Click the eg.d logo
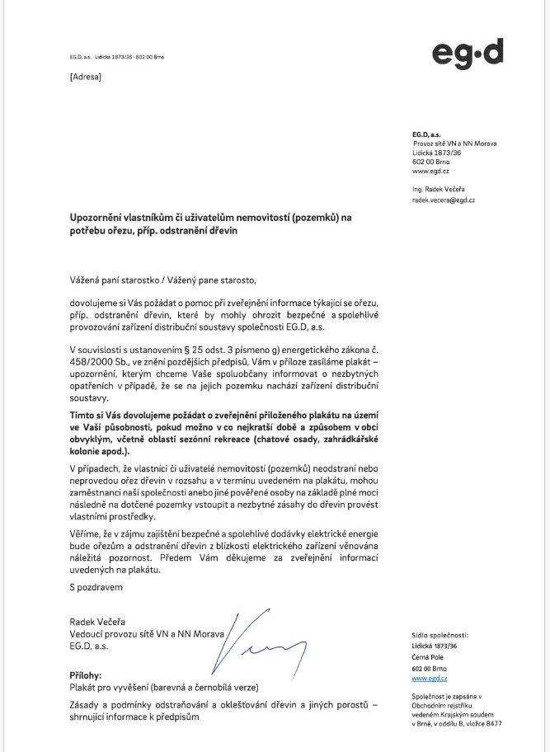467,54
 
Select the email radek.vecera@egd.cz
444,200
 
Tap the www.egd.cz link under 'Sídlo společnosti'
429,678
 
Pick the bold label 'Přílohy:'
86,674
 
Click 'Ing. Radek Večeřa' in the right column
439,189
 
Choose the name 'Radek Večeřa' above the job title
98,621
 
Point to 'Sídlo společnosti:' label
440,636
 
